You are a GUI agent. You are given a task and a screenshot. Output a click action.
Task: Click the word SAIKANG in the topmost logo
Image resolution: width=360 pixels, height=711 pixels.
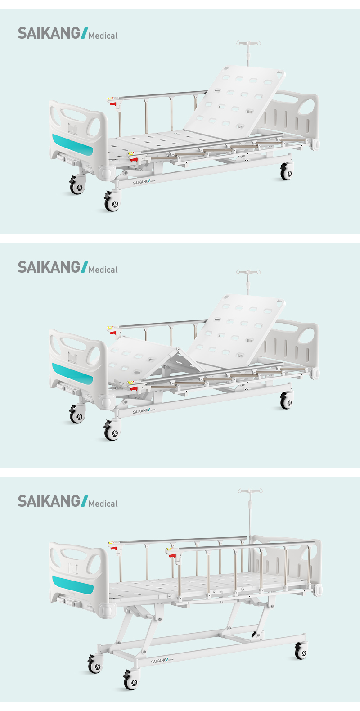pos(49,33)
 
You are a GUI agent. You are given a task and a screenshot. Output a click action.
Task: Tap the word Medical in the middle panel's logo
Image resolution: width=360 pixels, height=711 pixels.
pos(103,270)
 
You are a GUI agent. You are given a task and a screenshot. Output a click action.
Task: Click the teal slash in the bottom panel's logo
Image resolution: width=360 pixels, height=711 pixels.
pos(84,501)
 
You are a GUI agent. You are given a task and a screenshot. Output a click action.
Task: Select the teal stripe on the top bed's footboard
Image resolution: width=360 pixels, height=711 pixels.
pos(73,145)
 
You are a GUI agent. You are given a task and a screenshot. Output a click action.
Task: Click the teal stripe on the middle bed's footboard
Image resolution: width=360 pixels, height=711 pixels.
pos(73,374)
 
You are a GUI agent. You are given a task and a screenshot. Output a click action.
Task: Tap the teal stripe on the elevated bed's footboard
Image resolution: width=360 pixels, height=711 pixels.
pos(73,585)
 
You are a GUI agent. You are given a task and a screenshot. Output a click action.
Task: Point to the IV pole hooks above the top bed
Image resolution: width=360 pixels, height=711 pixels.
pos(248,43)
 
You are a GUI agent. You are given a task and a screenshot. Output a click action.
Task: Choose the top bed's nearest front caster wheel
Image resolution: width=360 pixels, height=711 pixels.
pos(112,203)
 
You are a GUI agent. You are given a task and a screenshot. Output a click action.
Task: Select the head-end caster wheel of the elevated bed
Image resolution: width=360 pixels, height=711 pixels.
pos(301,650)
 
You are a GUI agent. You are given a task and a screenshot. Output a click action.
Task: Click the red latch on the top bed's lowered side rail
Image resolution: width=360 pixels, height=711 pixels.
pos(134,159)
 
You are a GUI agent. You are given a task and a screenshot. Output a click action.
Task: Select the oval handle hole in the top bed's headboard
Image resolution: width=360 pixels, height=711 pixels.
pos(306,107)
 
